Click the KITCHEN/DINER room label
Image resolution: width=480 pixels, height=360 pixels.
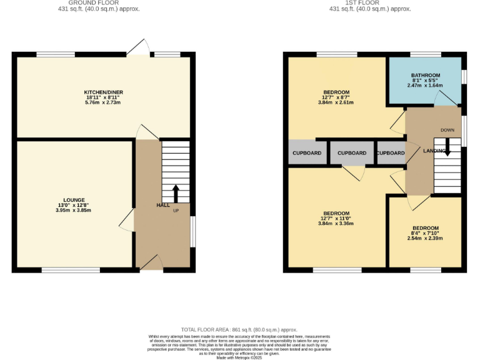coord(104,92)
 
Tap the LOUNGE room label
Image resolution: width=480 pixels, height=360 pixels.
coord(73,199)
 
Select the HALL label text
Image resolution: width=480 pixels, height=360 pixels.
coord(162,205)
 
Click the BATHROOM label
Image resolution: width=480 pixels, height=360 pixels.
coord(426,75)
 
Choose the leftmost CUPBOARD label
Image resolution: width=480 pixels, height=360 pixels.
coord(307,153)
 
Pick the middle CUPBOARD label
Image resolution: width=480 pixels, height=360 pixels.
coord(352,153)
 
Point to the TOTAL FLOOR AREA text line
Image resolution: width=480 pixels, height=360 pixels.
coord(239,329)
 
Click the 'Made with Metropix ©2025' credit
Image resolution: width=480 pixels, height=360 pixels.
coord(239,357)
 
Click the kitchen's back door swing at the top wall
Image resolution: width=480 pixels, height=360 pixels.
coord(139,47)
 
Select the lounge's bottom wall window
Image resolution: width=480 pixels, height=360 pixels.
coord(71,270)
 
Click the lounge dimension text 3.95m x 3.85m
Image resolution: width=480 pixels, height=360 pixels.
coord(73,211)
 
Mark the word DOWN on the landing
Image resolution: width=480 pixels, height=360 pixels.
coord(447,130)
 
